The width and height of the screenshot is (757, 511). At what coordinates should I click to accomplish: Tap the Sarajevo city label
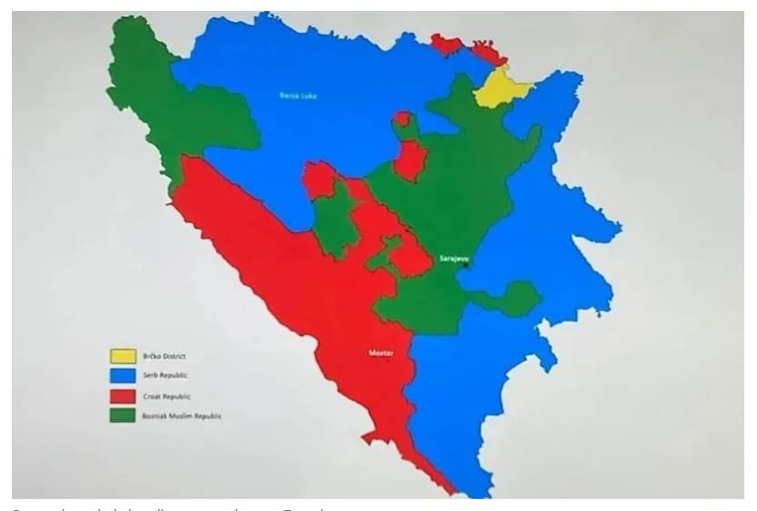452,259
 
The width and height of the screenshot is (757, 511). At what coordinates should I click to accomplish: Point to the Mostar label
381,353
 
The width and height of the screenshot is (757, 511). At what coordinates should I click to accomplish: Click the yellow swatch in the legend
122,356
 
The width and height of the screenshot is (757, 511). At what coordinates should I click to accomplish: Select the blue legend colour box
122,376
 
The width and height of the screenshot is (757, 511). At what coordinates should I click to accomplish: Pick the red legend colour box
122,396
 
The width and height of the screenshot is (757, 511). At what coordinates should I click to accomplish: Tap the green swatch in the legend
122,416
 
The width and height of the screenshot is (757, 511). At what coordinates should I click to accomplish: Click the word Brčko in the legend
151,356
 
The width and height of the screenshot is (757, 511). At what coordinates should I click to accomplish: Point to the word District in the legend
174,356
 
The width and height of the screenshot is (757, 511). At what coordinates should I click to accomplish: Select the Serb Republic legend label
165,375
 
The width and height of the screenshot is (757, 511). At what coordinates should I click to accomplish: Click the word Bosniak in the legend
154,416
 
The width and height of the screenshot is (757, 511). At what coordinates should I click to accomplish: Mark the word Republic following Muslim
209,416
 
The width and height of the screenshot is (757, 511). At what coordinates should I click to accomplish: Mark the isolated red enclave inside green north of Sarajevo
410,160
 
